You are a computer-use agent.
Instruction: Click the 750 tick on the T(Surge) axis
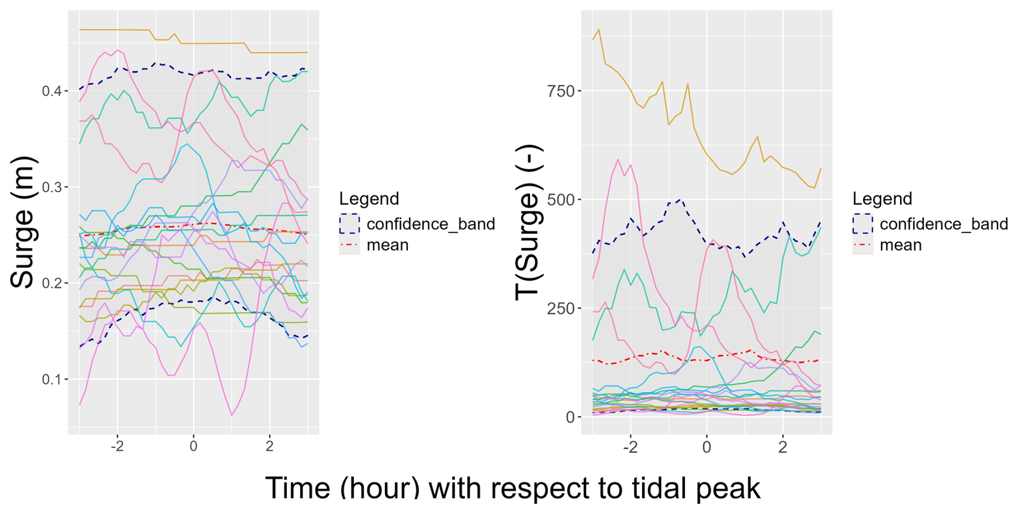click(x=560, y=91)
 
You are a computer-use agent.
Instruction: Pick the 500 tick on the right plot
click(x=560, y=199)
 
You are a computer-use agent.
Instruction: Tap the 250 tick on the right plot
click(x=560, y=309)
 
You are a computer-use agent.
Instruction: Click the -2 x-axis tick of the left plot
click(x=117, y=446)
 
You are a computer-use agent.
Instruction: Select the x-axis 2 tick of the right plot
click(x=783, y=447)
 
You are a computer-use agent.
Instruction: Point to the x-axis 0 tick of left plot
click(x=193, y=446)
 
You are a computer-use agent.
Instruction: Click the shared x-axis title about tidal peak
click(x=512, y=488)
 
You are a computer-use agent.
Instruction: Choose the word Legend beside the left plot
click(x=369, y=199)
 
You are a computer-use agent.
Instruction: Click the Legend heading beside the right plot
click(x=882, y=199)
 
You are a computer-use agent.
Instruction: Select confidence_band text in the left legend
click(x=430, y=224)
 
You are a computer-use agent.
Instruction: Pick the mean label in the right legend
click(x=901, y=245)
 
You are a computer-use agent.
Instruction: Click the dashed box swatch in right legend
click(x=863, y=224)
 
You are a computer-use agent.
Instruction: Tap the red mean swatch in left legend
click(x=349, y=245)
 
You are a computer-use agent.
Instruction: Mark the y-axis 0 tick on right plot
click(x=570, y=417)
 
